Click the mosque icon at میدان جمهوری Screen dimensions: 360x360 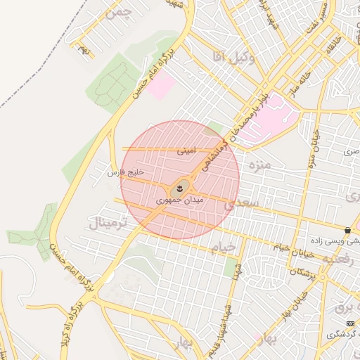pos(180,188)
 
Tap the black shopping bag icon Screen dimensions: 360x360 pos(348,230)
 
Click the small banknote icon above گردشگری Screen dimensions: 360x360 pos(351,321)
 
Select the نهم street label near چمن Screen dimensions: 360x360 pos(84,51)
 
